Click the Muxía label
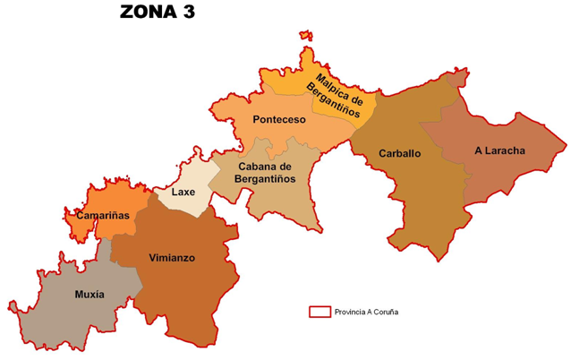[89, 294]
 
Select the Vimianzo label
[172, 258]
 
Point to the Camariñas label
[103, 216]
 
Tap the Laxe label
[183, 192]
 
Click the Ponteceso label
[279, 120]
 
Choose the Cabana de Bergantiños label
[266, 173]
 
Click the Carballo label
[399, 153]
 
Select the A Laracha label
[499, 150]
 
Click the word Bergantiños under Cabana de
[266, 179]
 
